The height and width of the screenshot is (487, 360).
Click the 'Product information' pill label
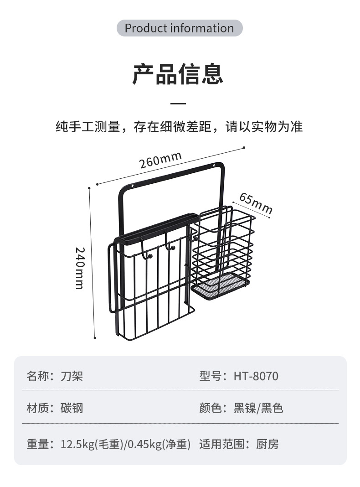coord(179,28)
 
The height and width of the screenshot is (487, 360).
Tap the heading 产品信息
coord(178,74)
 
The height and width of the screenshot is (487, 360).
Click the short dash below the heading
coord(178,104)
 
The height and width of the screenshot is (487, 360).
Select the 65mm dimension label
coord(256,203)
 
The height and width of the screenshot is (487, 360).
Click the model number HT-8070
coord(256,377)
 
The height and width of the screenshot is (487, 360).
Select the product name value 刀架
coord(72,377)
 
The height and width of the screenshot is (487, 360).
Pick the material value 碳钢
coord(72,408)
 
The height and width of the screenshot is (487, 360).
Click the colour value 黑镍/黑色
coord(258,408)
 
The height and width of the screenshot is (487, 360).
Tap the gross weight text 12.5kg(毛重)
coord(92,444)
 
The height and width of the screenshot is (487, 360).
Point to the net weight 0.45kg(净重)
coord(159,444)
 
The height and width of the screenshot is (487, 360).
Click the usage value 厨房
coord(267,444)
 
